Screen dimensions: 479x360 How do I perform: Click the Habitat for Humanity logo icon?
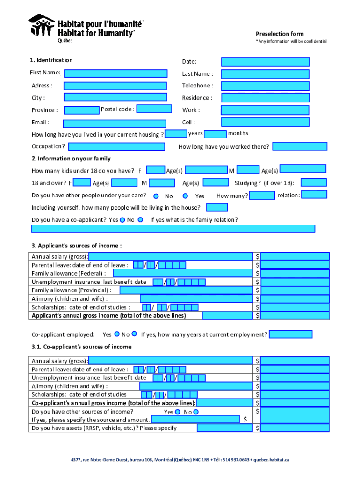[42, 26]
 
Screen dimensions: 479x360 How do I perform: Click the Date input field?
[265, 62]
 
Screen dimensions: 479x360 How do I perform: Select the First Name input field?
[115, 73]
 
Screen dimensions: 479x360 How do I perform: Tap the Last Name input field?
[265, 74]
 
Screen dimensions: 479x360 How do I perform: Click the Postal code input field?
[154, 109]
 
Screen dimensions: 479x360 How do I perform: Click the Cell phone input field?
[265, 122]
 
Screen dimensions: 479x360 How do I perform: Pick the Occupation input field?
[116, 147]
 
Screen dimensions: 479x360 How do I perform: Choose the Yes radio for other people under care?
[185, 196]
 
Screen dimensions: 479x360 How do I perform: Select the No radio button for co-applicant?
[140, 219]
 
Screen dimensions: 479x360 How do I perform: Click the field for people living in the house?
[216, 207]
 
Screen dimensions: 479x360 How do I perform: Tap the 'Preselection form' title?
[279, 34]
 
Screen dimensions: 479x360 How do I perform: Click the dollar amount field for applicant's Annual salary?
[295, 256]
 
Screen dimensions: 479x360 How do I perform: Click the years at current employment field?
[290, 334]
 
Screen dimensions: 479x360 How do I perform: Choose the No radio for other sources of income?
[196, 412]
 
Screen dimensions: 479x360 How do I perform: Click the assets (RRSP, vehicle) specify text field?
[224, 428]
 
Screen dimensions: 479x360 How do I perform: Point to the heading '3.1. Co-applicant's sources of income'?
[81, 347]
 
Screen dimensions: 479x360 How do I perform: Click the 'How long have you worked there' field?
[299, 146]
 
